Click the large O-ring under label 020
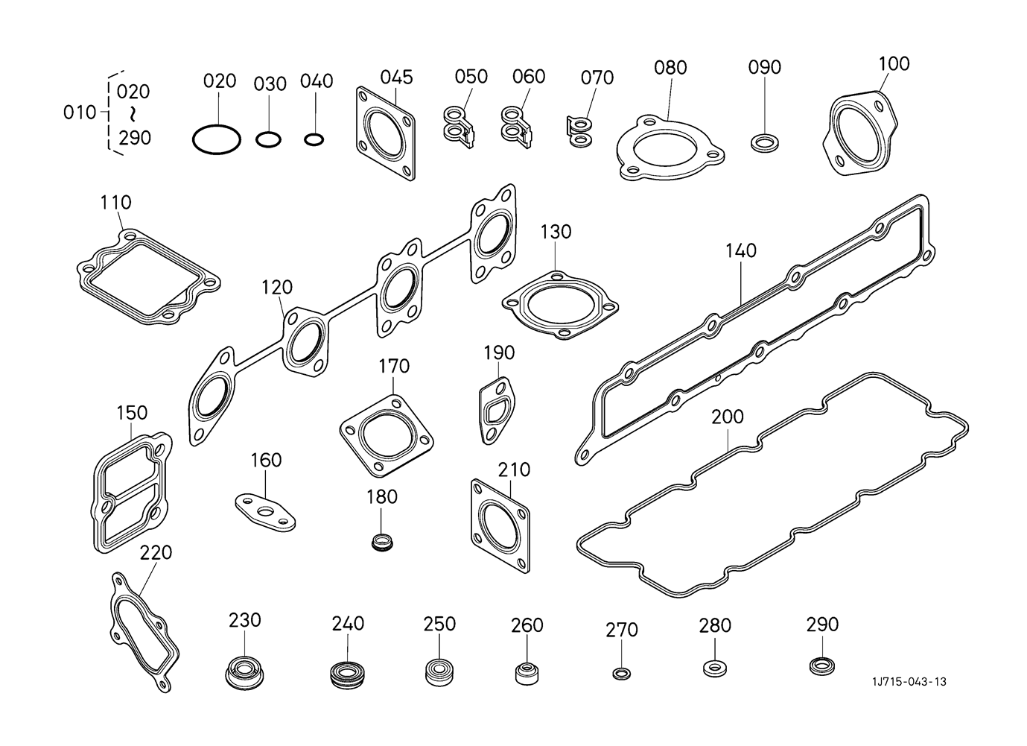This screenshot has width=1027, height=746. pyautogui.click(x=217, y=139)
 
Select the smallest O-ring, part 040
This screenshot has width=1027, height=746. pyautogui.click(x=314, y=139)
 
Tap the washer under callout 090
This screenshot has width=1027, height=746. pyautogui.click(x=764, y=142)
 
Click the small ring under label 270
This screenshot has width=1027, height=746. pyautogui.click(x=621, y=674)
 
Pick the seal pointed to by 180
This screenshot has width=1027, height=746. pyautogui.click(x=382, y=543)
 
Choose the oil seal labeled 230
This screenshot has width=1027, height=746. pyautogui.click(x=244, y=673)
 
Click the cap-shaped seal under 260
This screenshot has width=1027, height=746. pyautogui.click(x=527, y=673)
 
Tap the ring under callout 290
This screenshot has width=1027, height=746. pyautogui.click(x=822, y=666)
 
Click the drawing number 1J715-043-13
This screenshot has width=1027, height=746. pyautogui.click(x=909, y=681)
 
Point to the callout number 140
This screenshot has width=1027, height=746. pyautogui.click(x=741, y=251)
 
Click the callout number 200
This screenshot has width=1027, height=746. pyautogui.click(x=728, y=417)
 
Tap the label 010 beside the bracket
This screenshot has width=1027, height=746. pyautogui.click(x=80, y=113)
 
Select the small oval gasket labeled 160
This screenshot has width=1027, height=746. pyautogui.click(x=265, y=513)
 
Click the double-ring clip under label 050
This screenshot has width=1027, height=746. pyautogui.click(x=460, y=127)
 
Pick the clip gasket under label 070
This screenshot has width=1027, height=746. pyautogui.click(x=579, y=132)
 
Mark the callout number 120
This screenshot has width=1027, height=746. pyautogui.click(x=277, y=287)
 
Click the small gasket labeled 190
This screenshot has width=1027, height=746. pyautogui.click(x=497, y=411)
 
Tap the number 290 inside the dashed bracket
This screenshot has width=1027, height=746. pyautogui.click(x=135, y=138)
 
